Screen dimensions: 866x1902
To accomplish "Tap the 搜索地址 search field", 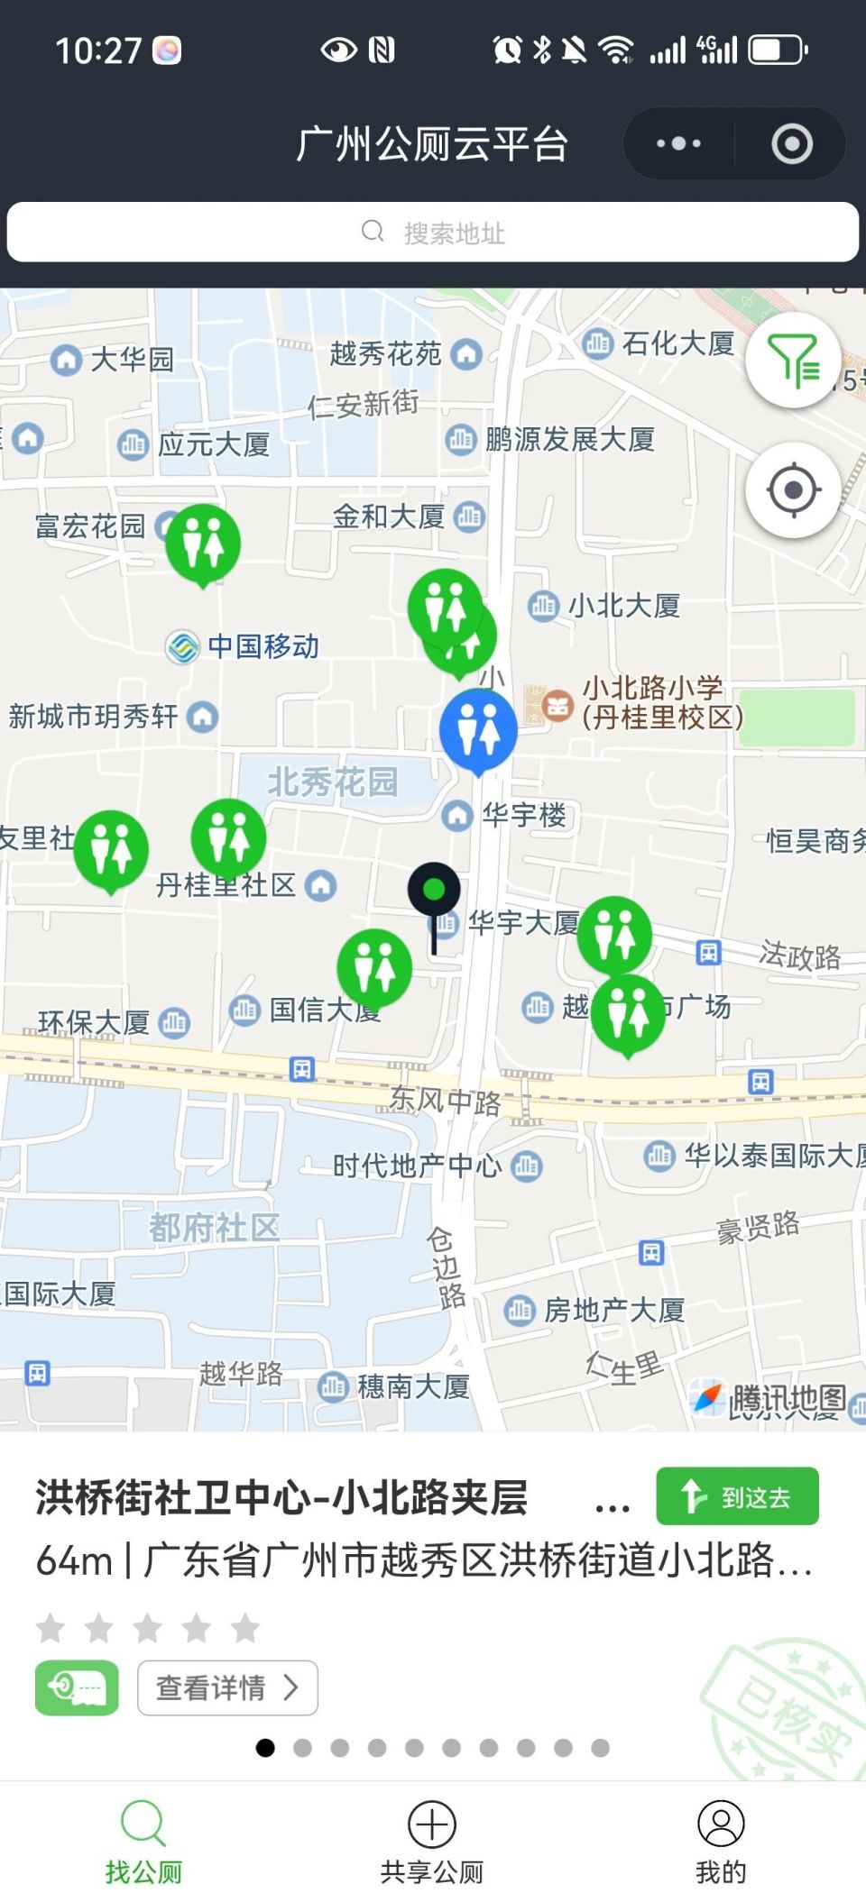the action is coord(433,233).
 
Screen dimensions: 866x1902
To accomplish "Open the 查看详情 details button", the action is coord(227,1687).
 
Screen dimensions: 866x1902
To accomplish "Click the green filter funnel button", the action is coord(793,361).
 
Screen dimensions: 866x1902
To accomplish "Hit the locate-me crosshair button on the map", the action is coord(793,490).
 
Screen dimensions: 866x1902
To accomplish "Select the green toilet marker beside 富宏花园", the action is coord(203,542).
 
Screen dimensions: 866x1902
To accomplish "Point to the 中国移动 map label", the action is coord(263,646).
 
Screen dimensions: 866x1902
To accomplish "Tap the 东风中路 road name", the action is coord(444,1101).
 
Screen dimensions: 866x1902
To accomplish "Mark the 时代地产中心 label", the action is coord(417,1166).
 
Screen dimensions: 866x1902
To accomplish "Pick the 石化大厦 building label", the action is coord(677,343).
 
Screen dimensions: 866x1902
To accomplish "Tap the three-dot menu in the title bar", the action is coord(678,143).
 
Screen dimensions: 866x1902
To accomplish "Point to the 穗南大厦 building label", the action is coord(413,1386).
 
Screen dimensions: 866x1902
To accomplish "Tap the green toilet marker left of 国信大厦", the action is coord(374,965).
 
